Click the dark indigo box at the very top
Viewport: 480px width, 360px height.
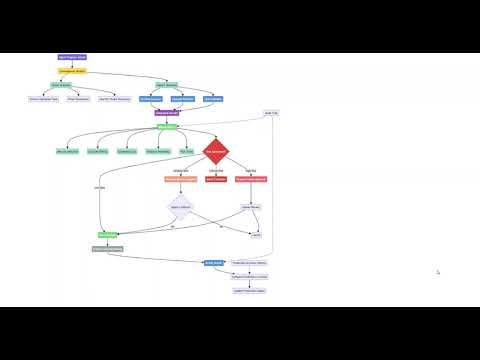72,58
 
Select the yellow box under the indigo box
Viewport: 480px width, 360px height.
72,71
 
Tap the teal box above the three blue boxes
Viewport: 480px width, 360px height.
166,85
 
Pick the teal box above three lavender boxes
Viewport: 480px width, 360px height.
60,85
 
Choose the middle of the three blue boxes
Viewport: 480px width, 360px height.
182,99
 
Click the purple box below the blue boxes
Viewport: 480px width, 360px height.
167,113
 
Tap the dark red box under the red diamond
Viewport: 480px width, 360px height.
216,179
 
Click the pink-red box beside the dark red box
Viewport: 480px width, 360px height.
251,179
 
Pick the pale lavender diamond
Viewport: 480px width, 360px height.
180,207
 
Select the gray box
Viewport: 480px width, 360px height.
107,248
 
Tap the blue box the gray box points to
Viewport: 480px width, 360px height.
214,263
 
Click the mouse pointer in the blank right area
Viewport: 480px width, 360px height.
438,272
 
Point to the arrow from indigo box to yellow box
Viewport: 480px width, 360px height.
72,65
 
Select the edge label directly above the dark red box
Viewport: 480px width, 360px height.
216,170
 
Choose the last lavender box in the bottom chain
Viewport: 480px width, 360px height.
250,290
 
